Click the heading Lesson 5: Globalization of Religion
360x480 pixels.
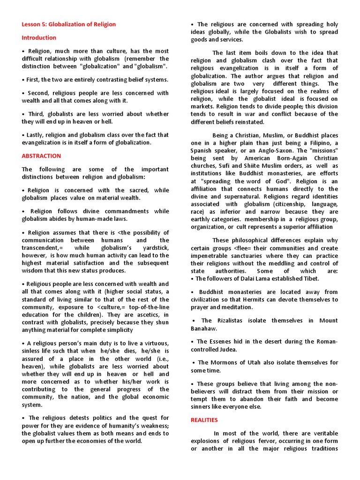coord(68,24)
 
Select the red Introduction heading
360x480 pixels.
coord(39,37)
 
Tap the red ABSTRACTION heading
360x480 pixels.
coord(41,156)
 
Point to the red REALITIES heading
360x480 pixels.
coord(204,420)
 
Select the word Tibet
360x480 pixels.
coord(310,278)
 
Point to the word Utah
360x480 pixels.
coord(254,362)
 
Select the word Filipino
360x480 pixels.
coord(322,142)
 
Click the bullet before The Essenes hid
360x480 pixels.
coord(192,341)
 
